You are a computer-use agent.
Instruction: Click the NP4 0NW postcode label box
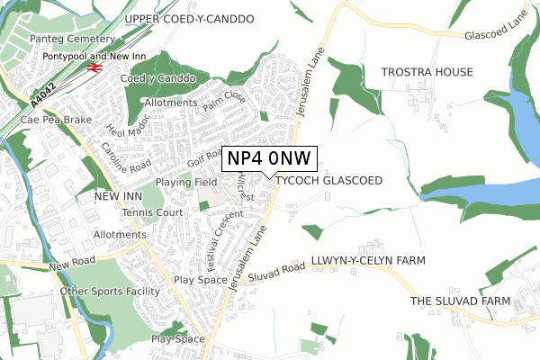268,158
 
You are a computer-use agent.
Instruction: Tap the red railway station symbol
93,67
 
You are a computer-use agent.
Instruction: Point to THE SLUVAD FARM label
460,301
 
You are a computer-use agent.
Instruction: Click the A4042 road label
42,90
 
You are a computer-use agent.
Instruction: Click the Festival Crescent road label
214,237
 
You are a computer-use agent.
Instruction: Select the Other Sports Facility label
109,292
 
